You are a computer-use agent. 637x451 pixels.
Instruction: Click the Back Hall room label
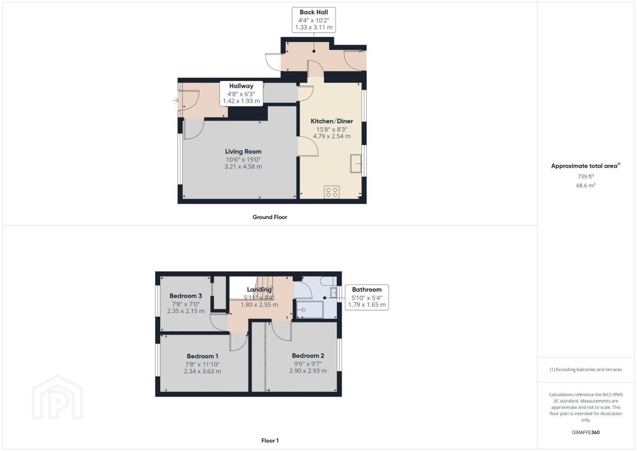(313, 12)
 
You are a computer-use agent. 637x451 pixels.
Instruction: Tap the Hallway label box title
(241, 86)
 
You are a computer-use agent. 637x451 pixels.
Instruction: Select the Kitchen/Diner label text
(331, 121)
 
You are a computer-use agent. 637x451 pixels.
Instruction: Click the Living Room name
(243, 152)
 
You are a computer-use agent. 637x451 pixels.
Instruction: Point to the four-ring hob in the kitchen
(331, 192)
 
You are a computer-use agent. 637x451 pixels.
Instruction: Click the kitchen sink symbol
(356, 163)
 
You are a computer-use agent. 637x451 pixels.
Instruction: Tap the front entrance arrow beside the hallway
(176, 100)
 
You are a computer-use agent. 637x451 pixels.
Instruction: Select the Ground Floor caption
(270, 217)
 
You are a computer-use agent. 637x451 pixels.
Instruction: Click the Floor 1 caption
(270, 441)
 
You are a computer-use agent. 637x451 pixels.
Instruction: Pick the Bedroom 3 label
(186, 296)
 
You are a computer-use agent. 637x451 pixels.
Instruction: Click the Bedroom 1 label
(202, 356)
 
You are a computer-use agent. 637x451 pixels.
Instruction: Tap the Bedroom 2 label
(308, 356)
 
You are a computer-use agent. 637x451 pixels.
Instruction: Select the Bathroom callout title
(367, 290)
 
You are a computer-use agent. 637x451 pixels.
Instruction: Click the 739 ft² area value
(586, 176)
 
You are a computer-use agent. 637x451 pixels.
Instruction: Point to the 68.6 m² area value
(586, 185)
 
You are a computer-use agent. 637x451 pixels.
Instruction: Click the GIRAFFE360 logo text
(586, 433)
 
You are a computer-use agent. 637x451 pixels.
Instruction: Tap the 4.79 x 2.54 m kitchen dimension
(332, 136)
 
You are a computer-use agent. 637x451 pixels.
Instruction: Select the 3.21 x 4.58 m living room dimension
(243, 167)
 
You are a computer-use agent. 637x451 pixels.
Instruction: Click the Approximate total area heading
(586, 166)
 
